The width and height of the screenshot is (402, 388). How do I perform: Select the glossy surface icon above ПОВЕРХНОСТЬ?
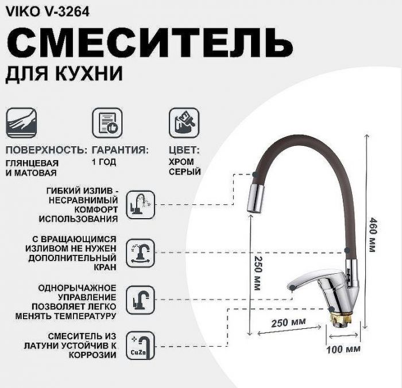22,122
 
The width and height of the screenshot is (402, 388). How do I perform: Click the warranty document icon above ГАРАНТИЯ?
107,122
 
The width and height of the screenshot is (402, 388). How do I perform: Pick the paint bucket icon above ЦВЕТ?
183,122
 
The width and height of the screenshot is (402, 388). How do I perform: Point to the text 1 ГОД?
103,162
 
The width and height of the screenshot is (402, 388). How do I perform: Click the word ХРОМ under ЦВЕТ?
181,162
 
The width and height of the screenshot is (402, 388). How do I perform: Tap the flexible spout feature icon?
140,204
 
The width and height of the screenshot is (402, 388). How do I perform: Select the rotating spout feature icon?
140,252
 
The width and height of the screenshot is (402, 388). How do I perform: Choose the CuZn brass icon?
140,344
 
